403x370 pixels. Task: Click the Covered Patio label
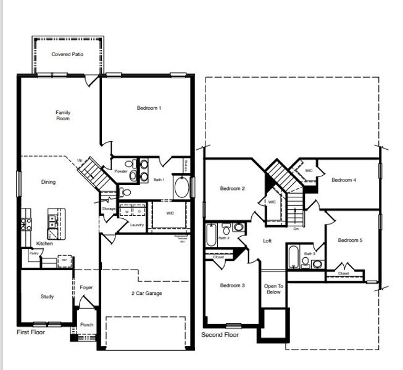click(x=67, y=54)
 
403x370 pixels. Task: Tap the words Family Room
click(x=63, y=115)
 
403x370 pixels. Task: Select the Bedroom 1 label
click(x=149, y=108)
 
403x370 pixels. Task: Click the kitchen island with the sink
click(x=54, y=225)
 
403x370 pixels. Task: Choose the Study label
click(x=47, y=297)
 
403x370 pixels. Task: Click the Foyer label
click(x=86, y=287)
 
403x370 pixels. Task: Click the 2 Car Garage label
click(x=147, y=294)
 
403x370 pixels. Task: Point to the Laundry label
click(x=137, y=225)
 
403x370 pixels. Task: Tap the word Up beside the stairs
click(x=80, y=160)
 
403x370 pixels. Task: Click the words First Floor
click(x=31, y=332)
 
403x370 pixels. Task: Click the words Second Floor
click(x=220, y=335)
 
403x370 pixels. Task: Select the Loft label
click(x=267, y=241)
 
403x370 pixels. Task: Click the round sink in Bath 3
click(x=317, y=264)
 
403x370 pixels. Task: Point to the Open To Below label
click(x=273, y=289)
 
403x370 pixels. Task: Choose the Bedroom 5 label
click(x=350, y=240)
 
